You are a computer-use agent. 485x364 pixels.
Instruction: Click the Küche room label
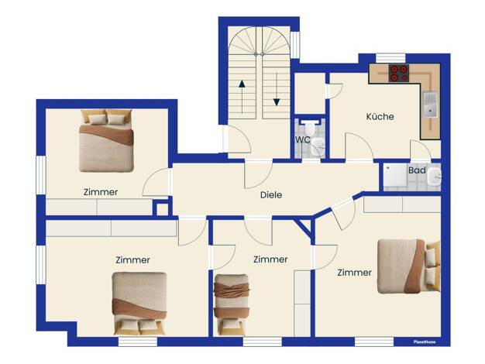[380, 117]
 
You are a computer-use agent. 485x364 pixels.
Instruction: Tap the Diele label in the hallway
[271, 195]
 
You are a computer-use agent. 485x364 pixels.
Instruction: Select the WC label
[302, 139]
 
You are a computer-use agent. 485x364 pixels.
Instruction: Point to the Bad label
[417, 170]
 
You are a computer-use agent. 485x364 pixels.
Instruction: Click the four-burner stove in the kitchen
[399, 73]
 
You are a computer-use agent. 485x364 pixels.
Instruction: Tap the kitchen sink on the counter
[430, 105]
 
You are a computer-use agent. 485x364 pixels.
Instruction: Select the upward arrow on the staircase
[242, 97]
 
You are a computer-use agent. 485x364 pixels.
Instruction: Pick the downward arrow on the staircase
[277, 89]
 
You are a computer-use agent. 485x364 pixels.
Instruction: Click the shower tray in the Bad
[395, 177]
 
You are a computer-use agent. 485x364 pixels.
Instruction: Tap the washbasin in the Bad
[435, 177]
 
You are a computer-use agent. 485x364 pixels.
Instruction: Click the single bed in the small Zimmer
[232, 305]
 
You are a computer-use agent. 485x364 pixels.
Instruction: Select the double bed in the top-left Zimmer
[106, 141]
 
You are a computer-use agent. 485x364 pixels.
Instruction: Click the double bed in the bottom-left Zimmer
[139, 304]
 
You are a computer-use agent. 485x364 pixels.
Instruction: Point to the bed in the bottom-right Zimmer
[408, 266]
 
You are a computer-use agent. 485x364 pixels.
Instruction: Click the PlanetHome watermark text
[425, 342]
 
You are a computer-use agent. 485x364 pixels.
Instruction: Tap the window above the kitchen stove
[390, 58]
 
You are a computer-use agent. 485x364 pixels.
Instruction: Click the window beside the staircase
[295, 45]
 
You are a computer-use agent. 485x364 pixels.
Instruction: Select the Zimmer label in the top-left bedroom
[101, 192]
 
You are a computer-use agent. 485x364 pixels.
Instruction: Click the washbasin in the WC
[318, 146]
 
